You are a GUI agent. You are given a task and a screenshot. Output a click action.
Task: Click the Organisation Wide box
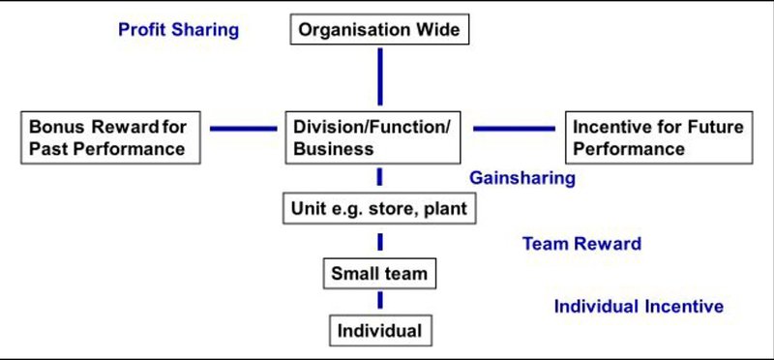coord(379,29)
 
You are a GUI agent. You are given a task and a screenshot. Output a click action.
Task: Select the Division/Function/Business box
coord(372,137)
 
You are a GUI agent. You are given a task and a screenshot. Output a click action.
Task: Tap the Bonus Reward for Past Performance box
coord(110,137)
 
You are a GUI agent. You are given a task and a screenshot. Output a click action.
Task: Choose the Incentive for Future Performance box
coord(659,137)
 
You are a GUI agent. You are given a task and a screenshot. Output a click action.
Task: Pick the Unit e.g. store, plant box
coord(379,208)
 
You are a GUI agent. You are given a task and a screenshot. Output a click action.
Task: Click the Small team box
coord(379,273)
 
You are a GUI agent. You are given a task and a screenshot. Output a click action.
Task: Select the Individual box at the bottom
coord(380,330)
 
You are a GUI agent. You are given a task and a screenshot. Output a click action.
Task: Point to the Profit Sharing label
coord(179,30)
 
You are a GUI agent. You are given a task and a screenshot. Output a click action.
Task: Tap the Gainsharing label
coord(522,178)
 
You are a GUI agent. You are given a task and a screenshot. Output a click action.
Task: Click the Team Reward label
coord(582,244)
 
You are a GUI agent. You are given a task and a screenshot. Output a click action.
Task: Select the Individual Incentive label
coord(639,306)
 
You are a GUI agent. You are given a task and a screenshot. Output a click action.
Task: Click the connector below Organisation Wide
coord(379,76)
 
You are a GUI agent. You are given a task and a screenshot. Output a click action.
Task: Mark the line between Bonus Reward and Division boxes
coord(244,129)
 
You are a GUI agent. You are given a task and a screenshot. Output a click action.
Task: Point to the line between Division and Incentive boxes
coord(514,129)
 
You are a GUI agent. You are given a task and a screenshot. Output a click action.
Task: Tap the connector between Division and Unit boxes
coord(379,177)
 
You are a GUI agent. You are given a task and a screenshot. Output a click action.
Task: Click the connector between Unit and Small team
coord(379,242)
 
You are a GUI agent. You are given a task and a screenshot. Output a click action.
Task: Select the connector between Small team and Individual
coord(379,300)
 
